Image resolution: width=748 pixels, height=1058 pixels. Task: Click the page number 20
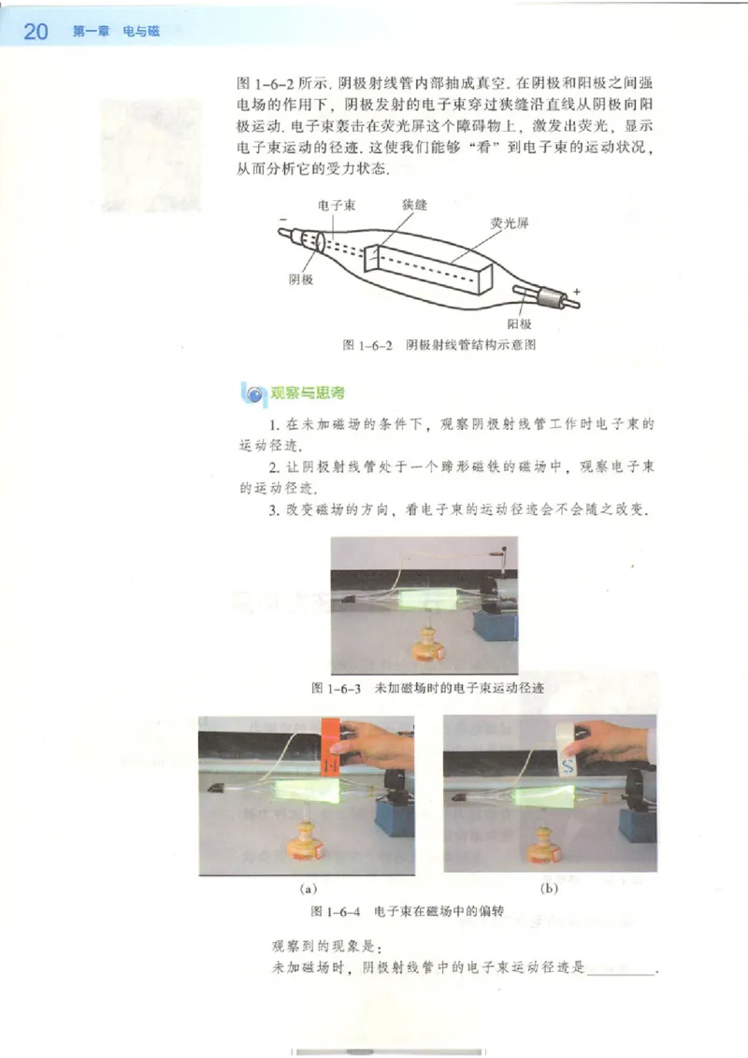(x=35, y=32)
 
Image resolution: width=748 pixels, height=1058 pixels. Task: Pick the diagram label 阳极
(x=519, y=323)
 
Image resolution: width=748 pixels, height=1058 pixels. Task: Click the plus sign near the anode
(x=577, y=292)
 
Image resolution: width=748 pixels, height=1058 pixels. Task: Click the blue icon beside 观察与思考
(x=252, y=393)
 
